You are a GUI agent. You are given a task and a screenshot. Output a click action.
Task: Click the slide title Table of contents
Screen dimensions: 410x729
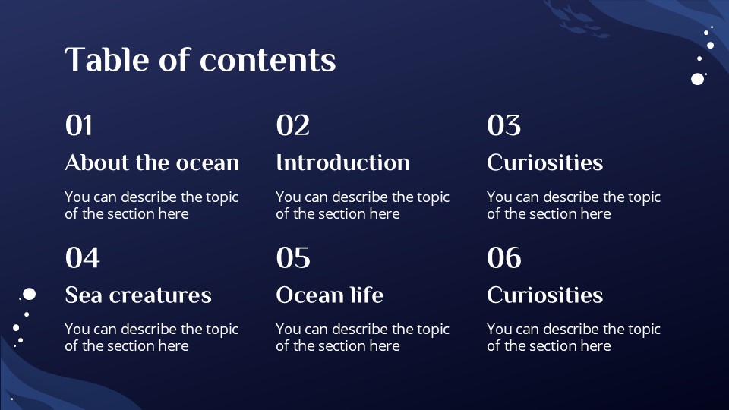(x=200, y=60)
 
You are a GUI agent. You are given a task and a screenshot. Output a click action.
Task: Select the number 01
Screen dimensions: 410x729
(x=79, y=125)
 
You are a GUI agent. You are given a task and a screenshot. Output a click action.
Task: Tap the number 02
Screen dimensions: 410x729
(x=293, y=125)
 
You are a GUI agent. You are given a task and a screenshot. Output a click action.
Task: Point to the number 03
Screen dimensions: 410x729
(x=504, y=125)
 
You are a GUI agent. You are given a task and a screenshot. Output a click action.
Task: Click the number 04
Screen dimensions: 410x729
(x=82, y=258)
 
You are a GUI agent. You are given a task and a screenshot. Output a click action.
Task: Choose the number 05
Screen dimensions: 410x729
(x=293, y=258)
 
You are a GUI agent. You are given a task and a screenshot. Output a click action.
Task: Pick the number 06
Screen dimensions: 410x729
(x=504, y=258)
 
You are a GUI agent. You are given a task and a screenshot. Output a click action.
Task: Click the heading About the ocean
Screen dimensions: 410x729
(x=152, y=162)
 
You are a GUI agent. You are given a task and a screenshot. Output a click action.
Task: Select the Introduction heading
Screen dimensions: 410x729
(x=342, y=162)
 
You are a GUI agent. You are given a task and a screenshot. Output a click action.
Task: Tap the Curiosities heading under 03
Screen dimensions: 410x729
(x=544, y=162)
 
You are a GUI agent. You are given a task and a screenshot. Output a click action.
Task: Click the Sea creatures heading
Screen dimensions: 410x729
(x=138, y=295)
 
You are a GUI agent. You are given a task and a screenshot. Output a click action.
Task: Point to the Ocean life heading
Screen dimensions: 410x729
(x=330, y=295)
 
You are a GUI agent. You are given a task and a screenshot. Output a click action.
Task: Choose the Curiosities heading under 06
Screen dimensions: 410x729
(x=544, y=295)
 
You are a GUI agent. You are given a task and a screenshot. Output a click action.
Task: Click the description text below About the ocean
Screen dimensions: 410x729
(x=152, y=205)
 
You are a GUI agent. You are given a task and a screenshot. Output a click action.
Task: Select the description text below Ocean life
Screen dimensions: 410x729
(x=362, y=337)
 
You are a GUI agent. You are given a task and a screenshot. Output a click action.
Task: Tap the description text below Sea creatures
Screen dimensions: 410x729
(x=152, y=337)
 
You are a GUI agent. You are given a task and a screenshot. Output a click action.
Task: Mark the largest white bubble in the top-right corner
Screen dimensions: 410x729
(x=697, y=78)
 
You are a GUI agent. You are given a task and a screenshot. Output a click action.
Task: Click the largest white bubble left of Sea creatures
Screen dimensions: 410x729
(x=30, y=294)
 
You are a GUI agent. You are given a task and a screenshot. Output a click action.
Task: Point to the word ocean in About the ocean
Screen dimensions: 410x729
(x=207, y=163)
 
